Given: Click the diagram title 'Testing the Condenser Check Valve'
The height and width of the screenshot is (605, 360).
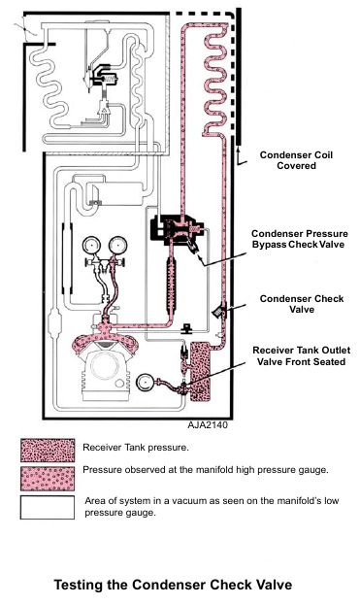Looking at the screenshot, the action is coord(173,585).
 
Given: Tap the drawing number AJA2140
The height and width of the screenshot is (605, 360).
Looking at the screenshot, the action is coord(208,425).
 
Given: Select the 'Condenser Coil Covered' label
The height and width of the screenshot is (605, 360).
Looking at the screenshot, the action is coord(296,160).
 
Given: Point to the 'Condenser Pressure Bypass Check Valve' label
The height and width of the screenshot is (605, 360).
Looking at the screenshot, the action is coord(300,239).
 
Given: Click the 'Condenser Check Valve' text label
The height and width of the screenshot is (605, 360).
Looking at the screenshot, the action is coord(302,304).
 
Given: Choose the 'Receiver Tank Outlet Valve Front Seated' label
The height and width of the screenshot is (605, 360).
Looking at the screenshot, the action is coord(302,356).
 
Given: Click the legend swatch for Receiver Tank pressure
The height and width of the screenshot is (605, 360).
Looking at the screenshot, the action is coord(48,451).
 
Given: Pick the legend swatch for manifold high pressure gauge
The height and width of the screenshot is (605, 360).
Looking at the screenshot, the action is coord(48,479).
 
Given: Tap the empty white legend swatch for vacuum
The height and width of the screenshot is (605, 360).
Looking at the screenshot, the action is coord(48,507).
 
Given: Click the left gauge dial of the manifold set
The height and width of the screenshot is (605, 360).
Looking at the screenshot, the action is coord(91,246).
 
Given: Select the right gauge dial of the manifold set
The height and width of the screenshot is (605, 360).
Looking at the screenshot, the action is coord(117,246).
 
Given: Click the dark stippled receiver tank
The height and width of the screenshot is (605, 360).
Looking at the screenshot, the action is coord(201,371).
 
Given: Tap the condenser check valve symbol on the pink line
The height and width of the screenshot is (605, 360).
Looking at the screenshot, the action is coord(220,310).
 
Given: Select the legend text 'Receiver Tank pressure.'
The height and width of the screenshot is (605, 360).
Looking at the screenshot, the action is coord(136,448).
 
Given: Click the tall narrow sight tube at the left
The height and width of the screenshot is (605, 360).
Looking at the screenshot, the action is coord(67,258).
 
